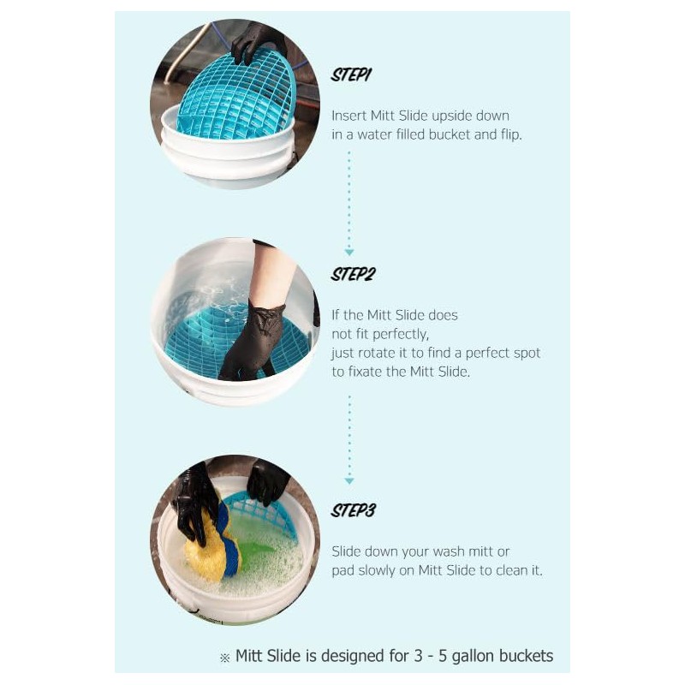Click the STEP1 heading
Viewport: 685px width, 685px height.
351,74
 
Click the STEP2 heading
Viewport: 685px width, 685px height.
353,275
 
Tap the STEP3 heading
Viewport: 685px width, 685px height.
353,510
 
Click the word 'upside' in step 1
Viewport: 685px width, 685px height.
442,116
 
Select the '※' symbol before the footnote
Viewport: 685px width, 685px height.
225,658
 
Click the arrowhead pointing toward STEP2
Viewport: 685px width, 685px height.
349,252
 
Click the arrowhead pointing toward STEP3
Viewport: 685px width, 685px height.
349,480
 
